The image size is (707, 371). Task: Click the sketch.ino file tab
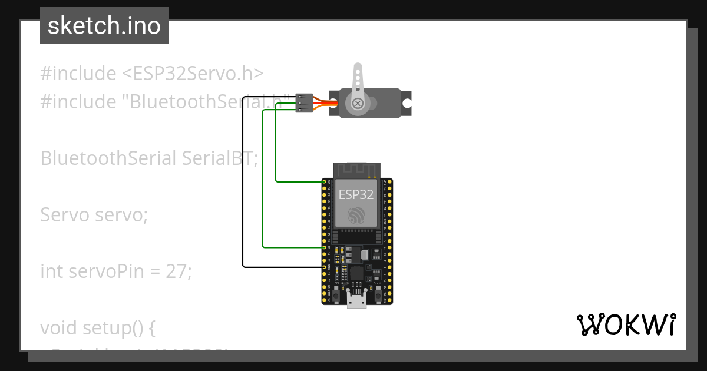[104, 26]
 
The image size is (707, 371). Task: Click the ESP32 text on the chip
[356, 195]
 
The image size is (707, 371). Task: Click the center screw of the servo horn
[357, 104]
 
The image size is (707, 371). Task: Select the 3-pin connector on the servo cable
[304, 102]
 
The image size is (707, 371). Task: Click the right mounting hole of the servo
[406, 103]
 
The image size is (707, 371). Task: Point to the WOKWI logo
[626, 324]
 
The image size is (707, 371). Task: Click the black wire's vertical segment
[243, 183]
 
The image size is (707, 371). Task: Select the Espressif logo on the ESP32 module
[356, 216]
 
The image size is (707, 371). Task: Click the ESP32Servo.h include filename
[193, 74]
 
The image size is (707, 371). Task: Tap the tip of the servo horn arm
[357, 68]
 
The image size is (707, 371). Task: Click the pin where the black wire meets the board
[324, 267]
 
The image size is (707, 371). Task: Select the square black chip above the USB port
[357, 273]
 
